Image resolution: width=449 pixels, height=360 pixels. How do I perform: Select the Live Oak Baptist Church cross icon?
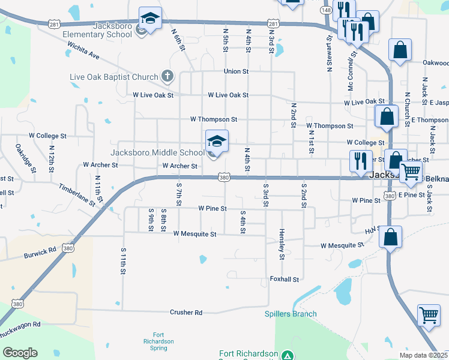(167, 76)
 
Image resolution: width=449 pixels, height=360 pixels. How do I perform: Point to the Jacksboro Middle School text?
(157, 152)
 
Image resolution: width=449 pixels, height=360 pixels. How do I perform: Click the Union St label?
(236, 71)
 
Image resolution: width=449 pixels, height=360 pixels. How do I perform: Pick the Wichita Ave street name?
(83, 53)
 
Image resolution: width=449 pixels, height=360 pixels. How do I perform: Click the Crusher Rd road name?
(186, 312)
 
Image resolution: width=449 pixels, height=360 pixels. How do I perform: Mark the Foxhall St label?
(284, 279)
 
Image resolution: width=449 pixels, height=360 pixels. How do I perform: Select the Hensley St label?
(282, 244)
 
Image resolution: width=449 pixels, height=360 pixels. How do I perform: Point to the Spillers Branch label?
(291, 314)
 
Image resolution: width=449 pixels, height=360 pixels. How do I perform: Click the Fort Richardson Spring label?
(159, 341)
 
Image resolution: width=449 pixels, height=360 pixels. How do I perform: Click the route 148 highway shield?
(326, 10)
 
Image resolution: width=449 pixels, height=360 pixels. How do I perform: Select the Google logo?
(20, 353)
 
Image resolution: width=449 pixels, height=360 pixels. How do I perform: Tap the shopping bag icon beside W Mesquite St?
(390, 236)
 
